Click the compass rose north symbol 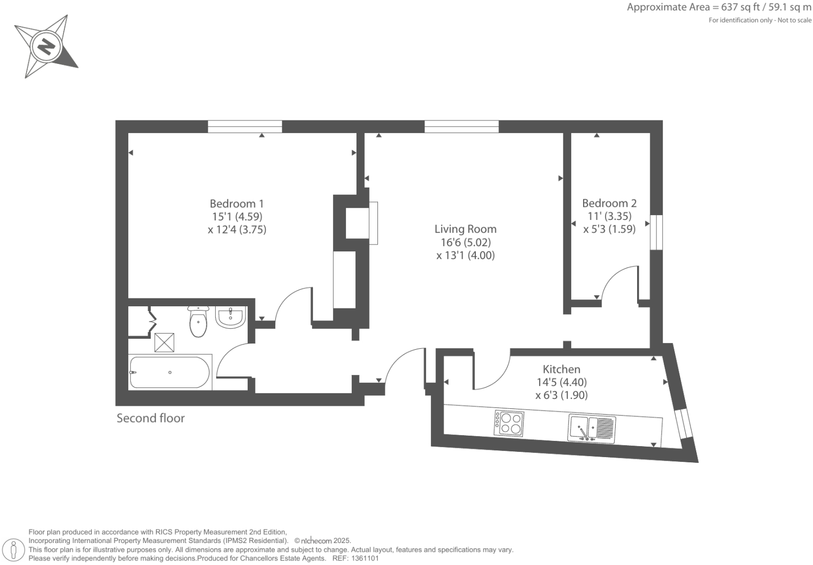[46, 47]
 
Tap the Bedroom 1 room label [237, 204]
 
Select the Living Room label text [465, 229]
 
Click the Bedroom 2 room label [609, 203]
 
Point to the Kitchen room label [561, 369]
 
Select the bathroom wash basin [230, 317]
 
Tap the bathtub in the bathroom [170, 372]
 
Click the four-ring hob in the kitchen [509, 423]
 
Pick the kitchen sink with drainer [592, 428]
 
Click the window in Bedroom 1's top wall [244, 126]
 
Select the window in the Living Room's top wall [461, 126]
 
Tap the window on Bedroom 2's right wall [656, 232]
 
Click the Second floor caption [150, 418]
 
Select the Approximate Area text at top [719, 7]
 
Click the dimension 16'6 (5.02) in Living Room [465, 242]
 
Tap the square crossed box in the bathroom [164, 342]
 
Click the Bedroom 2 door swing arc [619, 283]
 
